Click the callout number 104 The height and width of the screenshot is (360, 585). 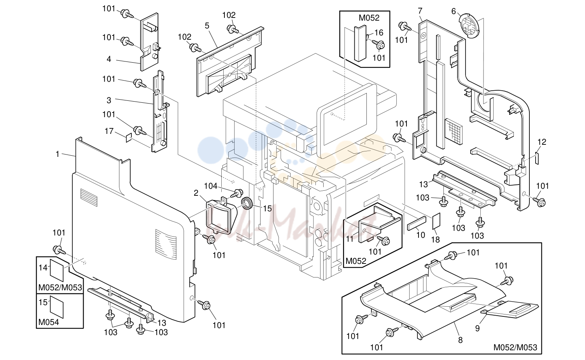[210, 186]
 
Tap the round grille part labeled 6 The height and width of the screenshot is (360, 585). [469, 25]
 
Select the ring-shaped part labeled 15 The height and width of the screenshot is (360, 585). [247, 204]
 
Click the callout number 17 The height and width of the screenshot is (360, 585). [109, 131]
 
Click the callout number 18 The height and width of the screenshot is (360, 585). [435, 239]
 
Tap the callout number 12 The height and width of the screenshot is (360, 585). [542, 142]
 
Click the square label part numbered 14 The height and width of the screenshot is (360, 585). [57, 270]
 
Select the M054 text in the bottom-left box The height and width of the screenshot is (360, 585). [49, 322]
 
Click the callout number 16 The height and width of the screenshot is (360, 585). [379, 32]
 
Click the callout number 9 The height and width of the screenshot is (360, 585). [477, 328]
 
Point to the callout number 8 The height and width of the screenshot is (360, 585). [460, 340]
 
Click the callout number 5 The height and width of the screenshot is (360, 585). [207, 26]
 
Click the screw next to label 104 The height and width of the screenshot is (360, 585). [236, 193]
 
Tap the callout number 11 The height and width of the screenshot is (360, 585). [350, 239]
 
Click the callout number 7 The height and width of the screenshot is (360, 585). [420, 11]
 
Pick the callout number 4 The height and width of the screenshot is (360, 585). [109, 59]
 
